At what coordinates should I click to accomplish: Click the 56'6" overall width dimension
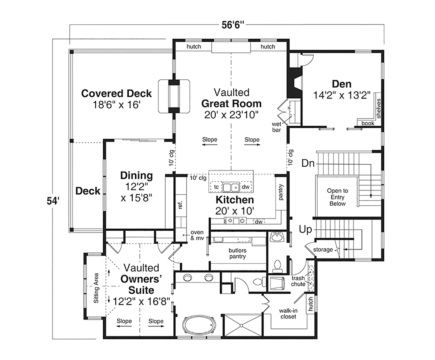232,25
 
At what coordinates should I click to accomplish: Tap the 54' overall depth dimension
53,201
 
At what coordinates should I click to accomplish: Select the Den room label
342,84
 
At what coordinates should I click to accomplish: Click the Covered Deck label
116,93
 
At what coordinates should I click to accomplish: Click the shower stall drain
241,326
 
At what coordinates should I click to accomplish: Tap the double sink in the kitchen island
231,187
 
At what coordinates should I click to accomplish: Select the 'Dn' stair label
308,163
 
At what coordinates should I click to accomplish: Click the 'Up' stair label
306,230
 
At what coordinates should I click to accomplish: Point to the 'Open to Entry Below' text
337,197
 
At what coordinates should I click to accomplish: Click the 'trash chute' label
298,281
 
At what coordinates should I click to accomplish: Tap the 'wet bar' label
276,127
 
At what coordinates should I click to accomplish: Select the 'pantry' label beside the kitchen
281,192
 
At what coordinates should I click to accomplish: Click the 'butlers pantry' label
237,254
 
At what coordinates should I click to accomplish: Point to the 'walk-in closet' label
288,314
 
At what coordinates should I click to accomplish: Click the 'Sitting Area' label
96,288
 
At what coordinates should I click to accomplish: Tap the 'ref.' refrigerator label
180,205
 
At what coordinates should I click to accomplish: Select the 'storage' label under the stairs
323,250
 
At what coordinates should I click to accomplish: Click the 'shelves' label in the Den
378,109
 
